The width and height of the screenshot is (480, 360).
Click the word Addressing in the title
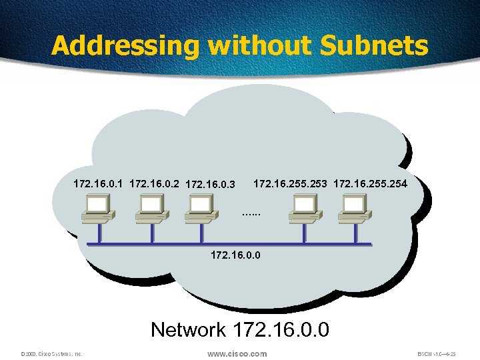click(125, 45)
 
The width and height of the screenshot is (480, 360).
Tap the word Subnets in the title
click(375, 45)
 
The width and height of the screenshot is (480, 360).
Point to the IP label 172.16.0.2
click(155, 183)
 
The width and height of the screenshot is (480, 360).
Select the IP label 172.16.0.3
click(211, 183)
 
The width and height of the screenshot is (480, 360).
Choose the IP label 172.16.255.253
click(291, 182)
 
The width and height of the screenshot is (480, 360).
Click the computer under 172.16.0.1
click(98, 207)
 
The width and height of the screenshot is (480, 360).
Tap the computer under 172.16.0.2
click(151, 207)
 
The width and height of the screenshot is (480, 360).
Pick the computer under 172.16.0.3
click(200, 207)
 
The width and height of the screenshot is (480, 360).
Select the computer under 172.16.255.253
click(304, 207)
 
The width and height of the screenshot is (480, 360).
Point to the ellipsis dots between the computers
click(252, 214)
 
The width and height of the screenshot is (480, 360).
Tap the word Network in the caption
click(189, 330)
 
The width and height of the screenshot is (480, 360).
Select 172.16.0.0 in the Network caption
click(281, 330)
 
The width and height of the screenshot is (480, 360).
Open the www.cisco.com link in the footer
click(237, 353)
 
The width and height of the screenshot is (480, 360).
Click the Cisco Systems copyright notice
click(51, 354)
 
